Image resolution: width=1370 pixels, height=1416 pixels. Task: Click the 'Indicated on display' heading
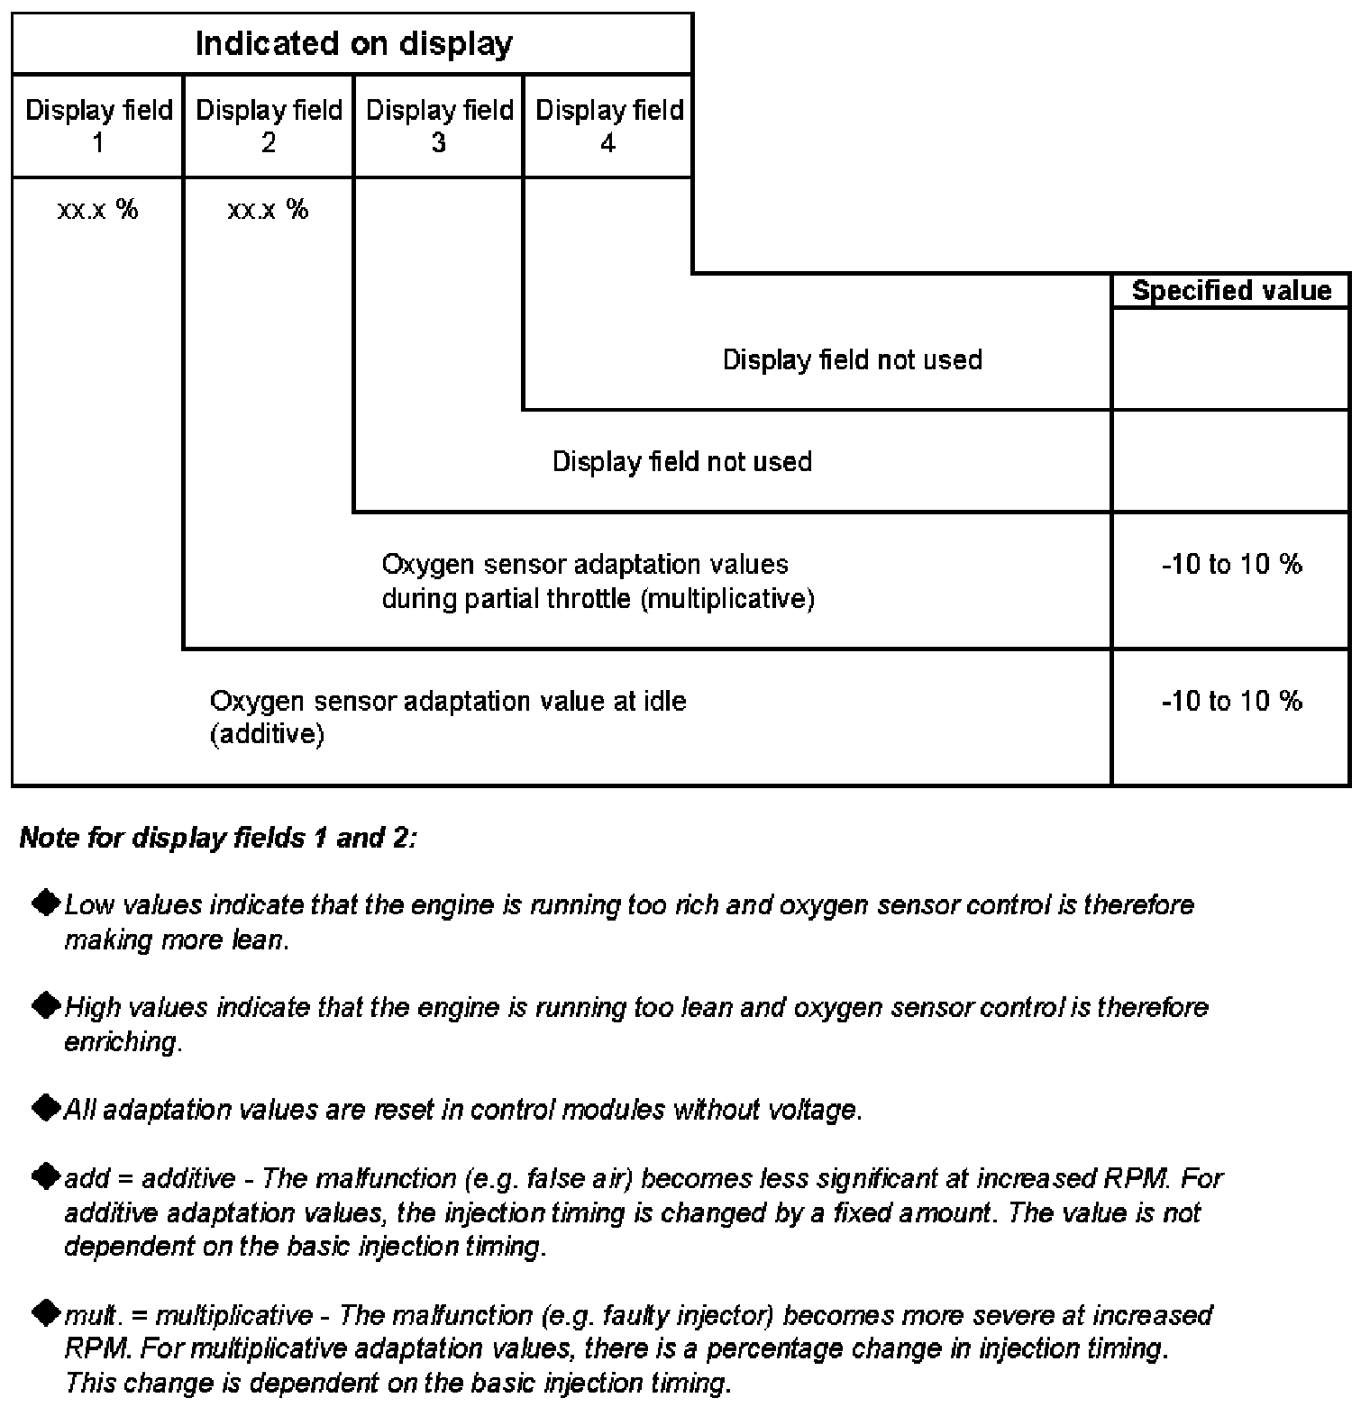point(353,43)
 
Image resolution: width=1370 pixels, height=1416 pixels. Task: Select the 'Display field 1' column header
point(98,126)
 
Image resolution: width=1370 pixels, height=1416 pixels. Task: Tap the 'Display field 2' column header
point(269,126)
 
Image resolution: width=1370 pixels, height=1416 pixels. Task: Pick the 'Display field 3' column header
point(439,126)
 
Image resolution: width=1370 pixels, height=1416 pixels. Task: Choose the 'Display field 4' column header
point(609,126)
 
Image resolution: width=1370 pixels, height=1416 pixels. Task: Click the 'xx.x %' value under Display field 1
point(98,210)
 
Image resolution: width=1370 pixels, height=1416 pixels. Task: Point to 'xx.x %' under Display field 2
point(269,210)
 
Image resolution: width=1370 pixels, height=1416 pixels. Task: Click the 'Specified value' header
point(1231,291)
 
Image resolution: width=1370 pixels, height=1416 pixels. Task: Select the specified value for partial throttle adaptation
point(1231,565)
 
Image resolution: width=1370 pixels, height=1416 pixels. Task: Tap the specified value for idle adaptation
point(1231,701)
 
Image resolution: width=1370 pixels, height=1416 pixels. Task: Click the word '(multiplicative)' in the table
point(727,599)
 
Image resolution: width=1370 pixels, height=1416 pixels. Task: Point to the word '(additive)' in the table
point(267,735)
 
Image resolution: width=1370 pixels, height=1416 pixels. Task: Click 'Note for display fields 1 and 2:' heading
point(218,838)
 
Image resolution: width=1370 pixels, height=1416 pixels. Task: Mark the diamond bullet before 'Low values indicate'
point(45,903)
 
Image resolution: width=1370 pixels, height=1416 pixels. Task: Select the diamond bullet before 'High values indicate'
point(45,1005)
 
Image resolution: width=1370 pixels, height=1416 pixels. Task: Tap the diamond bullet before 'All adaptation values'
point(45,1108)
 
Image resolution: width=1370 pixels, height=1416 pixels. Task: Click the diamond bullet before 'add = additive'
point(45,1176)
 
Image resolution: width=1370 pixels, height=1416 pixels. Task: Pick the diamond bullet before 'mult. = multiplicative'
point(45,1313)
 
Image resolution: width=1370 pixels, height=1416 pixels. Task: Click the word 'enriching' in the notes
point(122,1042)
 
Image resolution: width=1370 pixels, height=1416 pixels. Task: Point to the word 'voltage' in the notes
point(813,1110)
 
